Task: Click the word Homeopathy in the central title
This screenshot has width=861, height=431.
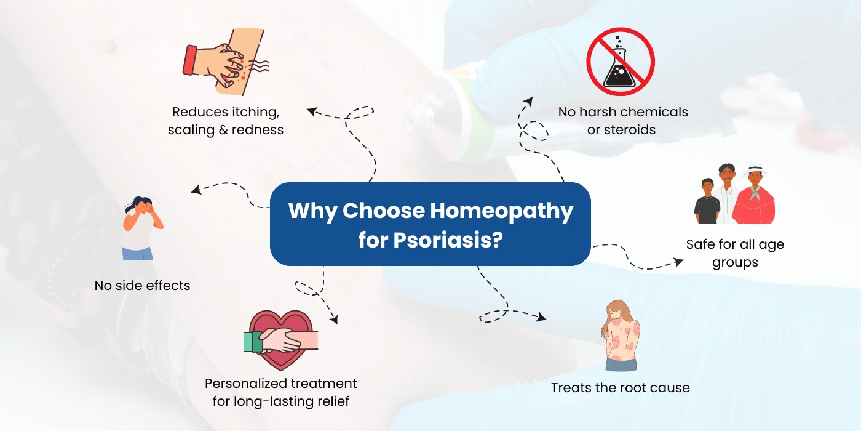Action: (501, 211)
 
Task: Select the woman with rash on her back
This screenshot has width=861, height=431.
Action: (621, 336)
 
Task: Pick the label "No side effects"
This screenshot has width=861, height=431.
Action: (142, 286)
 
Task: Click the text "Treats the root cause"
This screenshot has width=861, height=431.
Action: (620, 388)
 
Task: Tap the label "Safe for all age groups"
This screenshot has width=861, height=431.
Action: (735, 253)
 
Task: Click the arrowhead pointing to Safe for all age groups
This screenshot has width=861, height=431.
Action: (678, 262)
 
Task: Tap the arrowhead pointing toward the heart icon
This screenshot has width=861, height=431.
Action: (334, 319)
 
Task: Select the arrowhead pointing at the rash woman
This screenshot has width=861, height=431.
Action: (541, 318)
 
